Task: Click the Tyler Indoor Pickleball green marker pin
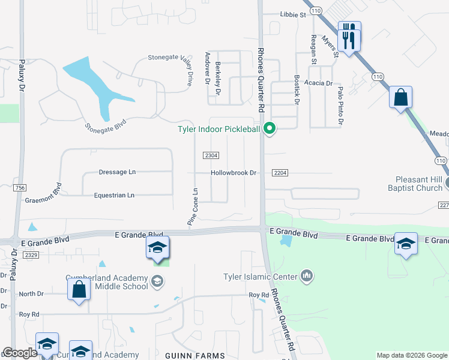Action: tap(270, 128)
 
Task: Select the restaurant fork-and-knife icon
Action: tap(349, 38)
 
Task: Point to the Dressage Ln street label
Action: tap(117, 172)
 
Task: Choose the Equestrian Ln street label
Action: tap(114, 195)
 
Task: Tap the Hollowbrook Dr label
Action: tap(234, 173)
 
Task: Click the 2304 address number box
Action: tap(211, 155)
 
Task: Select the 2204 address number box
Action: tap(280, 173)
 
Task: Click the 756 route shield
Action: tap(22, 188)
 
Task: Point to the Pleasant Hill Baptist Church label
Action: tap(419, 184)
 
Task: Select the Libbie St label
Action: tap(294, 14)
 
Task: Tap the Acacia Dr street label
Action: tap(318, 83)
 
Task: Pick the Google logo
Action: tap(20, 353)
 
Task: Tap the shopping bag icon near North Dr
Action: tap(79, 290)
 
